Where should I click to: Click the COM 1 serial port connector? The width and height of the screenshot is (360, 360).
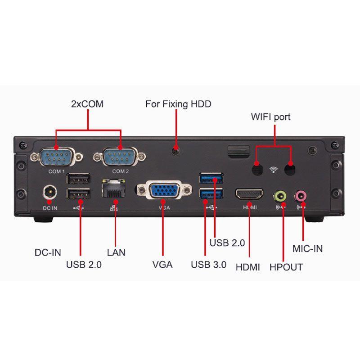[x=57, y=157]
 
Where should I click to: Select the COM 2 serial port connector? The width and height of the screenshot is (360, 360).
[x=119, y=157]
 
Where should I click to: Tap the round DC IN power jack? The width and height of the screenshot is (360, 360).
[x=50, y=192]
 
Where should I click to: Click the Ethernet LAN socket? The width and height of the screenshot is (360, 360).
[x=114, y=188]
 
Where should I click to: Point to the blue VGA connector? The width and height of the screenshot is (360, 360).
[x=164, y=190]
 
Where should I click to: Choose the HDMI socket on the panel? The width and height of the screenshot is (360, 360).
[x=249, y=194]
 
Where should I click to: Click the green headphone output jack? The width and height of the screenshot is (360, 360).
[x=280, y=197]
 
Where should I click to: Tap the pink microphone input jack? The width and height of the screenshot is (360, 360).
[x=301, y=196]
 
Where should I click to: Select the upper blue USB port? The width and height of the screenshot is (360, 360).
[x=211, y=178]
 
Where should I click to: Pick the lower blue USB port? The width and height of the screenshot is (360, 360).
[x=211, y=193]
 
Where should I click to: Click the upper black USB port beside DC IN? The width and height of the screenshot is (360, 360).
[x=78, y=179]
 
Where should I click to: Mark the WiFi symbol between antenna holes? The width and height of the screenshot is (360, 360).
[x=274, y=170]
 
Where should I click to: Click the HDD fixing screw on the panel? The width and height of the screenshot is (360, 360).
[x=175, y=151]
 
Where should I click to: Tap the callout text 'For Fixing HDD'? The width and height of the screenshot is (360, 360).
[x=178, y=104]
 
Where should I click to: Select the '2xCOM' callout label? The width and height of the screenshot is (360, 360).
[x=87, y=104]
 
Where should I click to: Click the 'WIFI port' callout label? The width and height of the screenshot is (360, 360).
[x=271, y=117]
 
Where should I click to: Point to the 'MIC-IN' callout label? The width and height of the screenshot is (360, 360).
[x=308, y=249]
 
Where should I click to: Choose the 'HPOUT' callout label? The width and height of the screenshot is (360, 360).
[x=286, y=267]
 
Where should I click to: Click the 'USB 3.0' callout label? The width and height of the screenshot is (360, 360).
[x=209, y=265]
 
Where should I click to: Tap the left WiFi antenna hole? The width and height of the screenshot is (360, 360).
[x=257, y=169]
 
